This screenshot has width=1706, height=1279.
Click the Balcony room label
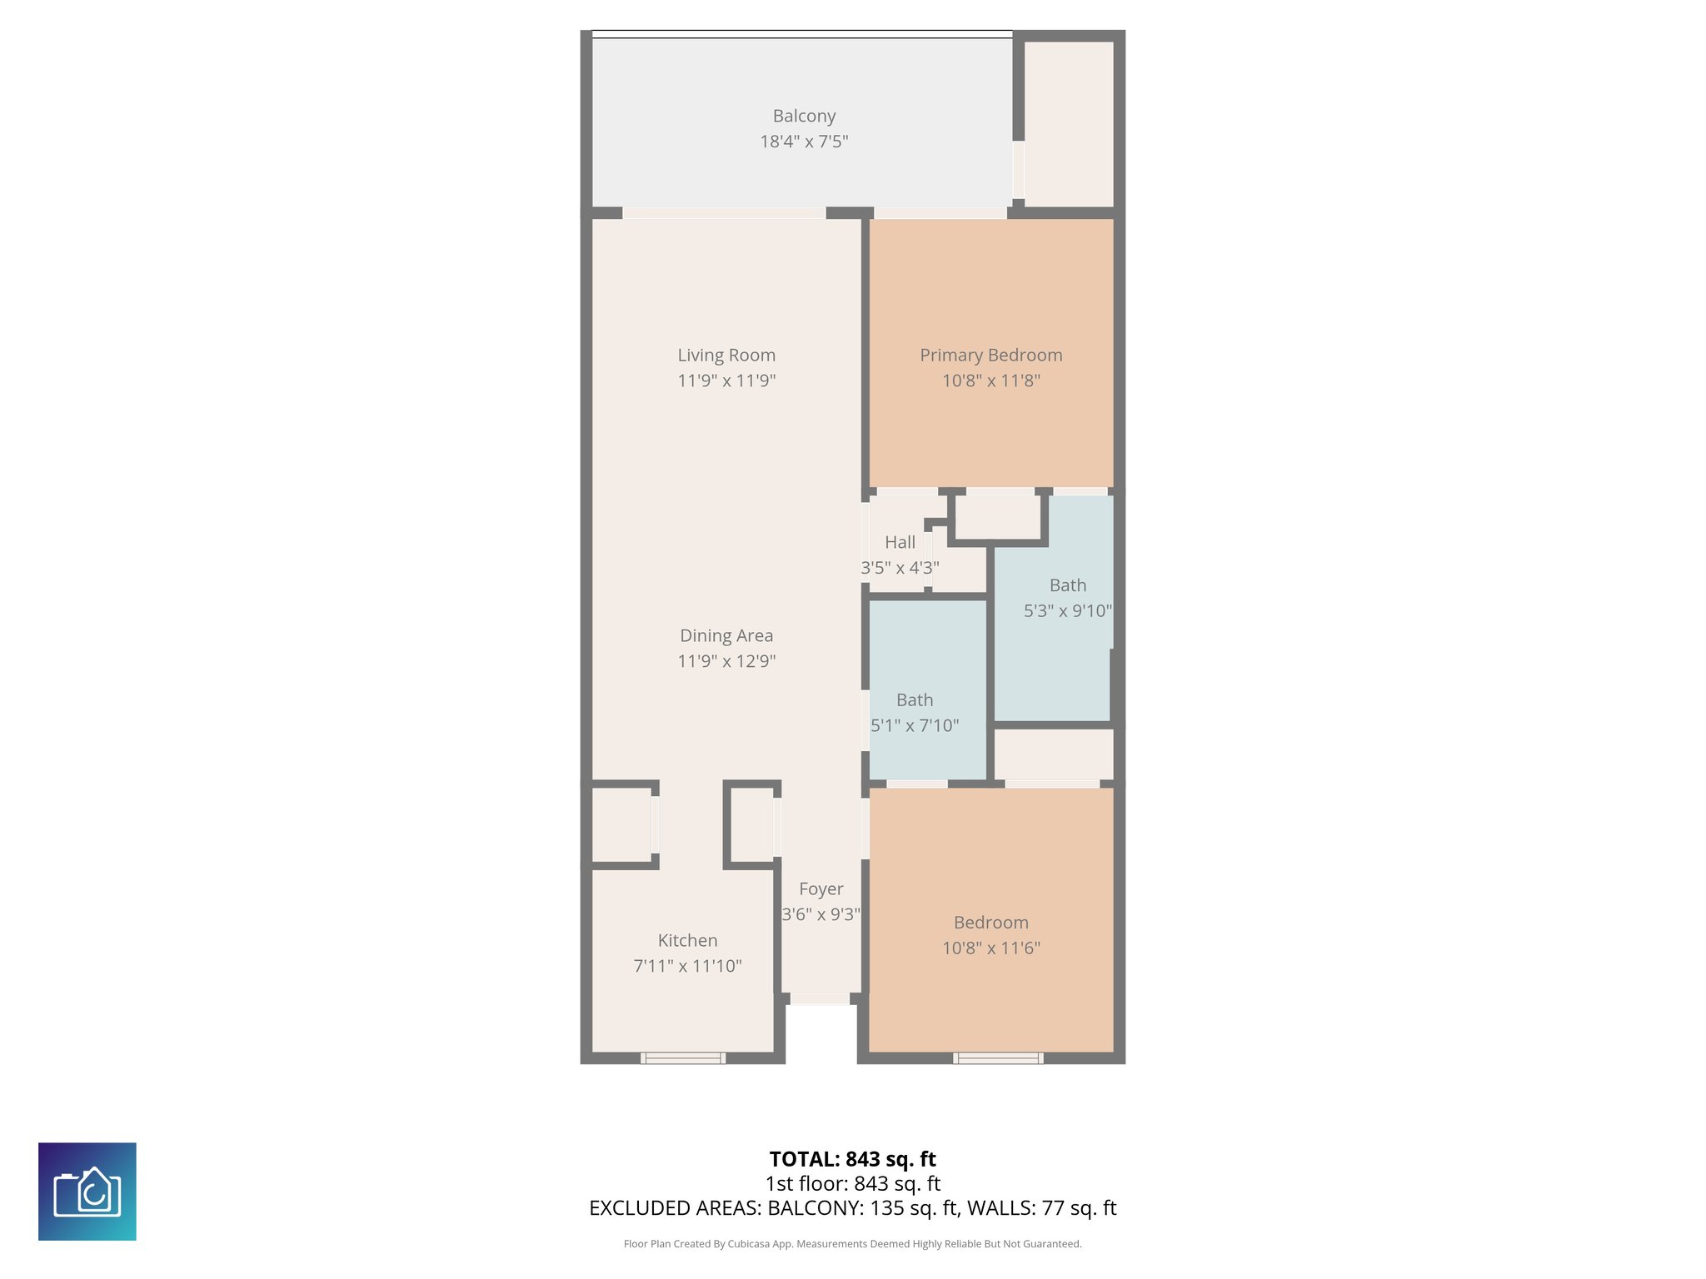pos(804,117)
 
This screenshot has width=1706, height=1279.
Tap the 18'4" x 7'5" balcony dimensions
pos(804,142)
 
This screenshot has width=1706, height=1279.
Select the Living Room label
pos(726,356)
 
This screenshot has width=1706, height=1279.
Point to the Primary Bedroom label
pos(990,356)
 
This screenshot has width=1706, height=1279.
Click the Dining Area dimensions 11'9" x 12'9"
pos(726,661)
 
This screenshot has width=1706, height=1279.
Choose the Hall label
pos(900,543)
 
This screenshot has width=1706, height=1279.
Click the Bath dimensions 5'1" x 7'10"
pos(915,726)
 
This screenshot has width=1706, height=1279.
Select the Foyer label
pos(821,889)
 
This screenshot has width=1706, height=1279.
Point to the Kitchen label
pos(687,941)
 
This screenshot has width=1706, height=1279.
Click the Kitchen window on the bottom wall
pos(682,1058)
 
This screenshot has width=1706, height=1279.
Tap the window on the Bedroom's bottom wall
pos(998,1058)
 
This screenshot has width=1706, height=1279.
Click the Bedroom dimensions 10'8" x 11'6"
pos(990,948)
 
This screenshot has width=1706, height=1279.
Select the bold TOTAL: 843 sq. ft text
pos(852,1159)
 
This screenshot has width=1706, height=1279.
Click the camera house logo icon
pos(87,1192)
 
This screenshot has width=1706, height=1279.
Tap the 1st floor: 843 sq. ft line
pos(852,1183)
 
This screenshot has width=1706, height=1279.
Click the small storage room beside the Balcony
pos(1068,123)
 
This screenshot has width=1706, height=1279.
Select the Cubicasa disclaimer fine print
pos(852,1244)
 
